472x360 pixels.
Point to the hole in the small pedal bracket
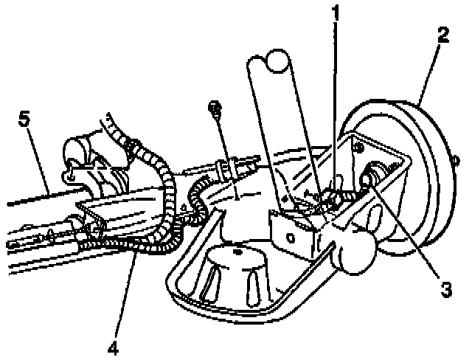point(293,238)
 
